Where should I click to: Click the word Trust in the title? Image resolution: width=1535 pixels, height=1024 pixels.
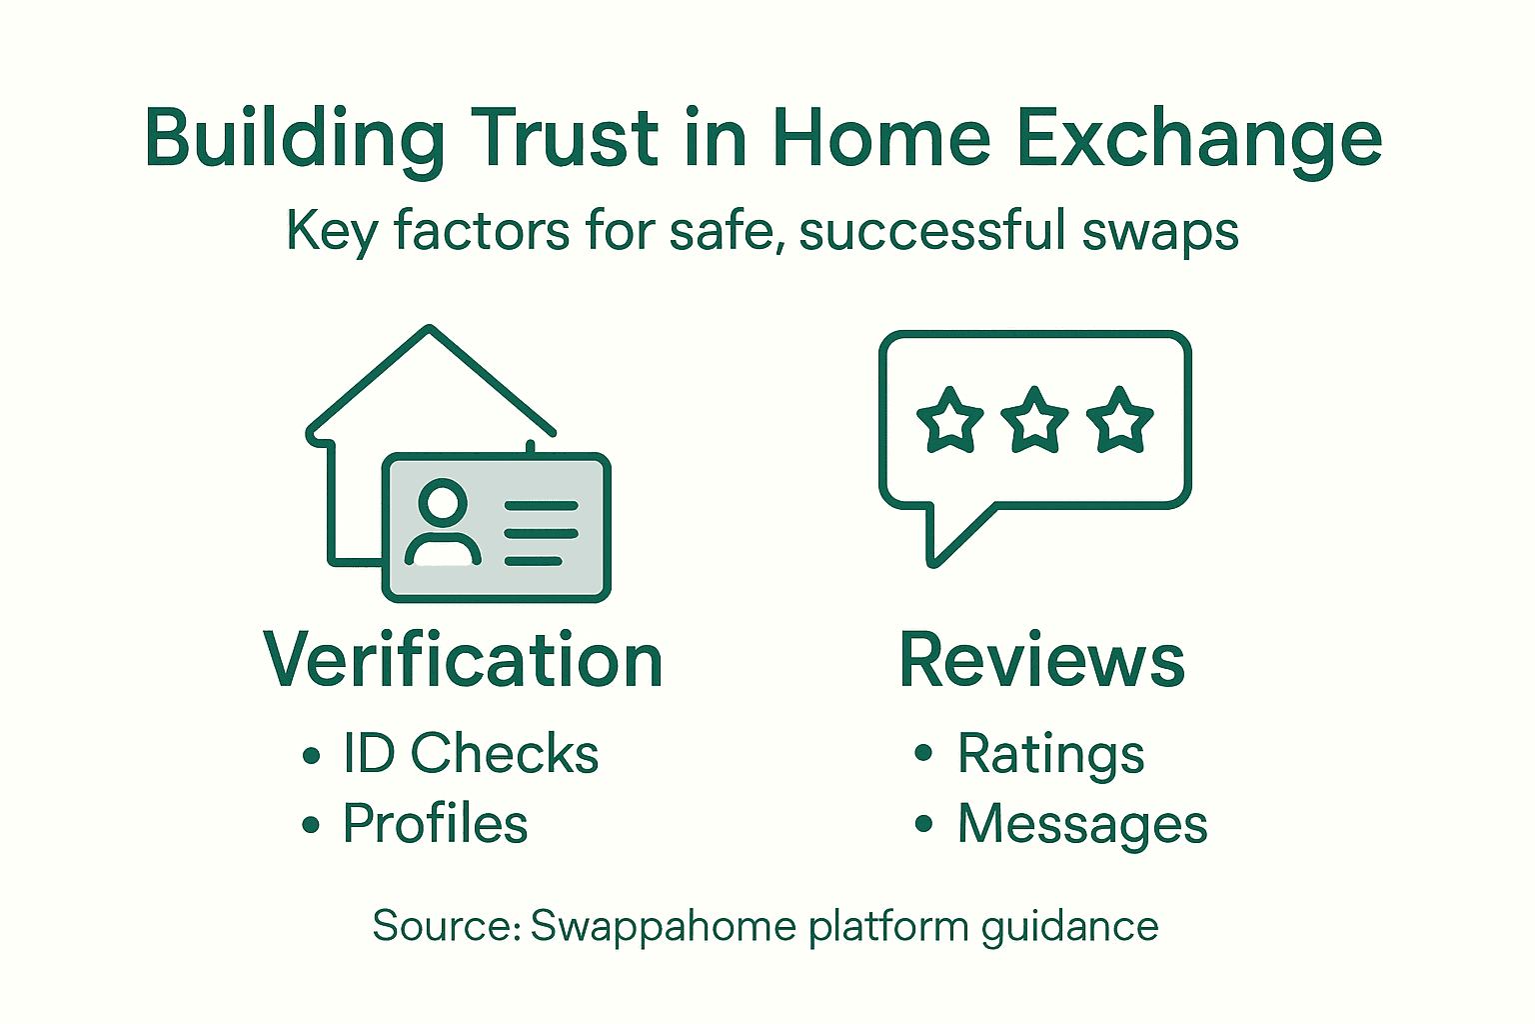(x=566, y=139)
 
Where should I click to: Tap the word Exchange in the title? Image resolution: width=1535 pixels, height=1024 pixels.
(x=1199, y=139)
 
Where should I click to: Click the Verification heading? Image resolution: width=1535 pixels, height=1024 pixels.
(x=463, y=661)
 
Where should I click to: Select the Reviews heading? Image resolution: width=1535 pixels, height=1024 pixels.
(x=1041, y=661)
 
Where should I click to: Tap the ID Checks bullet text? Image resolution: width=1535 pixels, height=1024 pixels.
(x=471, y=754)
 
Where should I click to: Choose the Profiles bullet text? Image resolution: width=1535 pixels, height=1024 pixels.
(x=435, y=824)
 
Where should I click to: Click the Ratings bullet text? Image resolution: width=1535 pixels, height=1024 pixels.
(x=1050, y=754)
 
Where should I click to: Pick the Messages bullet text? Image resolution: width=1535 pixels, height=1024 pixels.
(x=1082, y=824)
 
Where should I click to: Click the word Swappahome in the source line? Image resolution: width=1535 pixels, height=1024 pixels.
(x=664, y=926)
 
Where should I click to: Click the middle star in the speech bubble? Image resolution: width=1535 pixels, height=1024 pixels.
(x=1034, y=420)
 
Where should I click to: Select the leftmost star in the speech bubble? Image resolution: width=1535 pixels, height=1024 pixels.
(x=949, y=420)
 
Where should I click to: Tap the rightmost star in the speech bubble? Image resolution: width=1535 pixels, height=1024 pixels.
(x=1119, y=420)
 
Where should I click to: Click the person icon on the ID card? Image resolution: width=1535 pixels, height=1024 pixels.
(x=443, y=525)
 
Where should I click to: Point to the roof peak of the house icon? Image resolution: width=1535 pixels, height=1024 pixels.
(x=430, y=330)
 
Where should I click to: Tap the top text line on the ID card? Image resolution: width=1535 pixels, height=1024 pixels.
(x=541, y=506)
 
